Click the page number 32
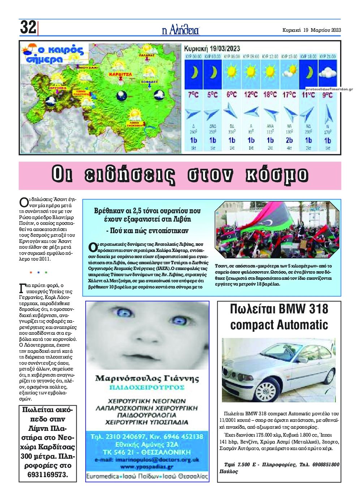(28, 27)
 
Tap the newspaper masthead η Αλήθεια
(180, 30)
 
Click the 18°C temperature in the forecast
(270, 94)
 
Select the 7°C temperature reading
(193, 95)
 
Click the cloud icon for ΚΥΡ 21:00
(327, 72)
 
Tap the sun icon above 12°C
(251, 72)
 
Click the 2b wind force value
(289, 140)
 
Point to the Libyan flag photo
(277, 230)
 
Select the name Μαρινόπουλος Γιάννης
(147, 378)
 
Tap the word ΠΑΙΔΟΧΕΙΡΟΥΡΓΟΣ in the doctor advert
(147, 387)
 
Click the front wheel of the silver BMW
(268, 390)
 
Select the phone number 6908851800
(325, 464)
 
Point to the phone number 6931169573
(48, 474)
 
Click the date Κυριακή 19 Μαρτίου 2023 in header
(311, 30)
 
